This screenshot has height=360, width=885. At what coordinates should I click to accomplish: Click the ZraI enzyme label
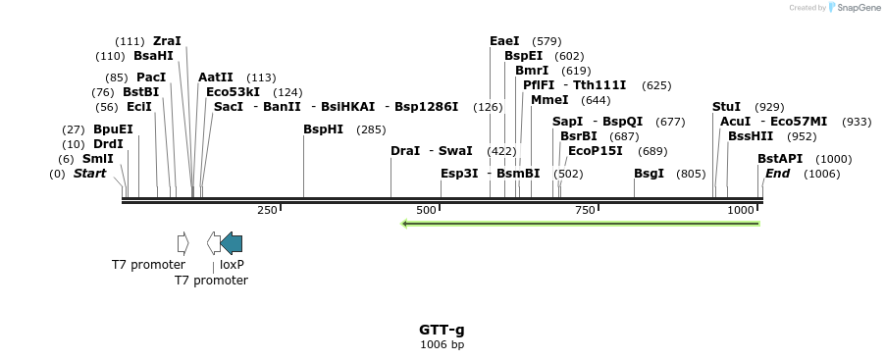pyautogui.click(x=167, y=41)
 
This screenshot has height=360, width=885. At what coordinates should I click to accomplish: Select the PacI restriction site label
pyautogui.click(x=150, y=77)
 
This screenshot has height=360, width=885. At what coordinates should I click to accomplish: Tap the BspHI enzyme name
pyautogui.click(x=323, y=129)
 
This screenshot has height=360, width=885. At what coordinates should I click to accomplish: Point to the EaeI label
pyautogui.click(x=504, y=41)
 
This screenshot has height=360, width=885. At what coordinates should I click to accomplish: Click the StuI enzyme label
pyautogui.click(x=726, y=106)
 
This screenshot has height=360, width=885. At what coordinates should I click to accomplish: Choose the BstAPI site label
pyautogui.click(x=777, y=159)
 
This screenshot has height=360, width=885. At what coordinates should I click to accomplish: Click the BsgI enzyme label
pyautogui.click(x=649, y=174)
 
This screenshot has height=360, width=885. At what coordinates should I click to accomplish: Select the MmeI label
pyautogui.click(x=549, y=100)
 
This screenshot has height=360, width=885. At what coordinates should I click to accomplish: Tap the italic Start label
pyautogui.click(x=89, y=174)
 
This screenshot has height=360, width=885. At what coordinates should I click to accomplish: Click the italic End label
pyautogui.click(x=777, y=174)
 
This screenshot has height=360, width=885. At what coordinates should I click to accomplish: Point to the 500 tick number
pyautogui.click(x=427, y=211)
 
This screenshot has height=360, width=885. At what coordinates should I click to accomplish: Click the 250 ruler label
pyautogui.click(x=267, y=211)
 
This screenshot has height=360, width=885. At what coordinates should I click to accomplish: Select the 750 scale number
pyautogui.click(x=585, y=211)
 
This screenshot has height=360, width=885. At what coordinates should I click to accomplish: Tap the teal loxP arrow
pyautogui.click(x=232, y=242)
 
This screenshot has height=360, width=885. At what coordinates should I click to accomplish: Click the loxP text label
pyautogui.click(x=232, y=265)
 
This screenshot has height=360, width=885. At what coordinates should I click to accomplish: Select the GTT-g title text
pyautogui.click(x=442, y=330)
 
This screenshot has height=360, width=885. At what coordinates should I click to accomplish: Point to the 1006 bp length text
pyautogui.click(x=442, y=344)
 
